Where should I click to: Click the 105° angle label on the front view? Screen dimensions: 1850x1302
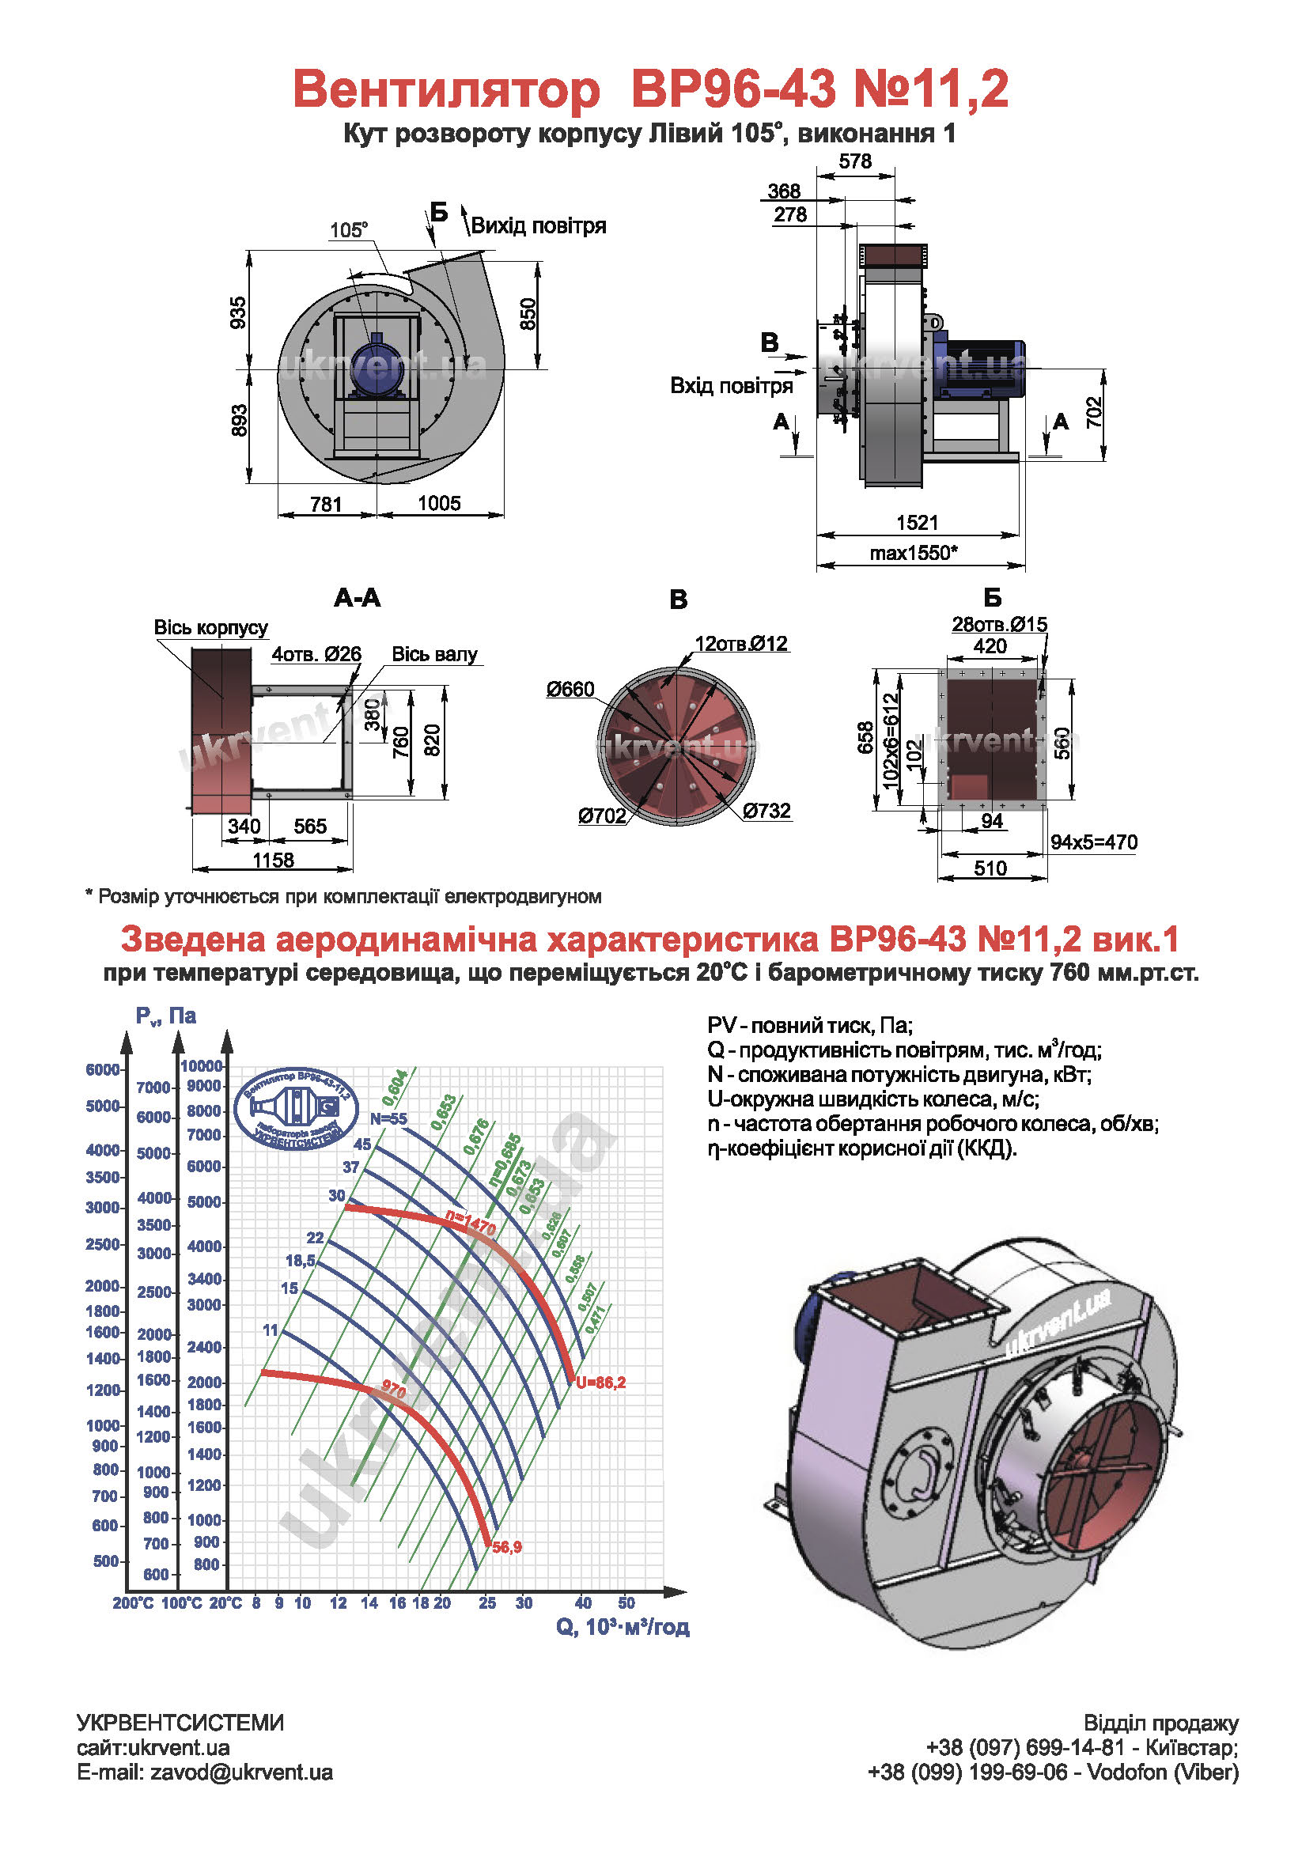point(348,229)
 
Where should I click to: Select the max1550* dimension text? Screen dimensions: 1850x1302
point(913,553)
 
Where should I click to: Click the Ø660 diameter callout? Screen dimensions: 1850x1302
point(570,689)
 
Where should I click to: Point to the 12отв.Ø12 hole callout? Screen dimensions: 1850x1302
point(740,643)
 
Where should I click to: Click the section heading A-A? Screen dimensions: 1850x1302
point(357,598)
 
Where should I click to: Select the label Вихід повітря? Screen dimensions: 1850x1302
point(538,225)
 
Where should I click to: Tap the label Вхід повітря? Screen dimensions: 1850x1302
point(731,386)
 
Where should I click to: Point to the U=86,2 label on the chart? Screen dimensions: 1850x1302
point(600,1383)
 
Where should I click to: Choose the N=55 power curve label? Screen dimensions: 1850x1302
point(388,1118)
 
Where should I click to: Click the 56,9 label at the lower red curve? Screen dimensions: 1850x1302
point(507,1547)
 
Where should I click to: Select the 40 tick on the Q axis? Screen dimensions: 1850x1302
point(583,1602)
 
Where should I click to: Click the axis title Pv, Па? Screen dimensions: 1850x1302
point(166,1016)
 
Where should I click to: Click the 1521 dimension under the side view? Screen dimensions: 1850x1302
point(917,523)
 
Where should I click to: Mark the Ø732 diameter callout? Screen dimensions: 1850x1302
point(766,810)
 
